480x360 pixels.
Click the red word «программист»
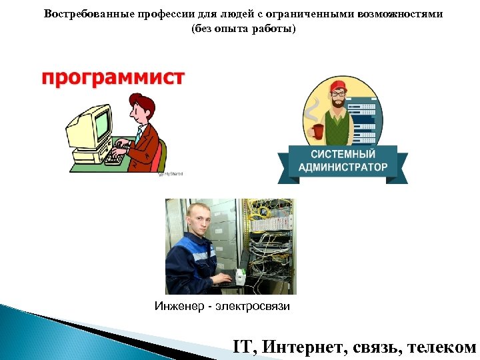pos(113,77)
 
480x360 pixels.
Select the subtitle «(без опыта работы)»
pos(242,29)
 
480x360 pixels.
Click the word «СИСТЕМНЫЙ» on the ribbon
pos(342,154)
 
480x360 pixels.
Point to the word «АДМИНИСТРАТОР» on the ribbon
pos(343,167)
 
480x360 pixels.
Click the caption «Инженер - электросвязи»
pos(222,307)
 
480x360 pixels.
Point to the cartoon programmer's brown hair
pos(143,105)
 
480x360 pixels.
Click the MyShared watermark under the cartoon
pos(171,174)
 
